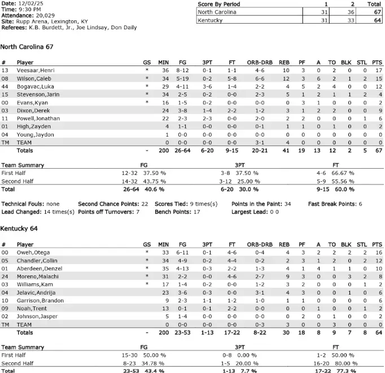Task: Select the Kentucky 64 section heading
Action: [19, 230]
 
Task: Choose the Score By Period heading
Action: [220, 4]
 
